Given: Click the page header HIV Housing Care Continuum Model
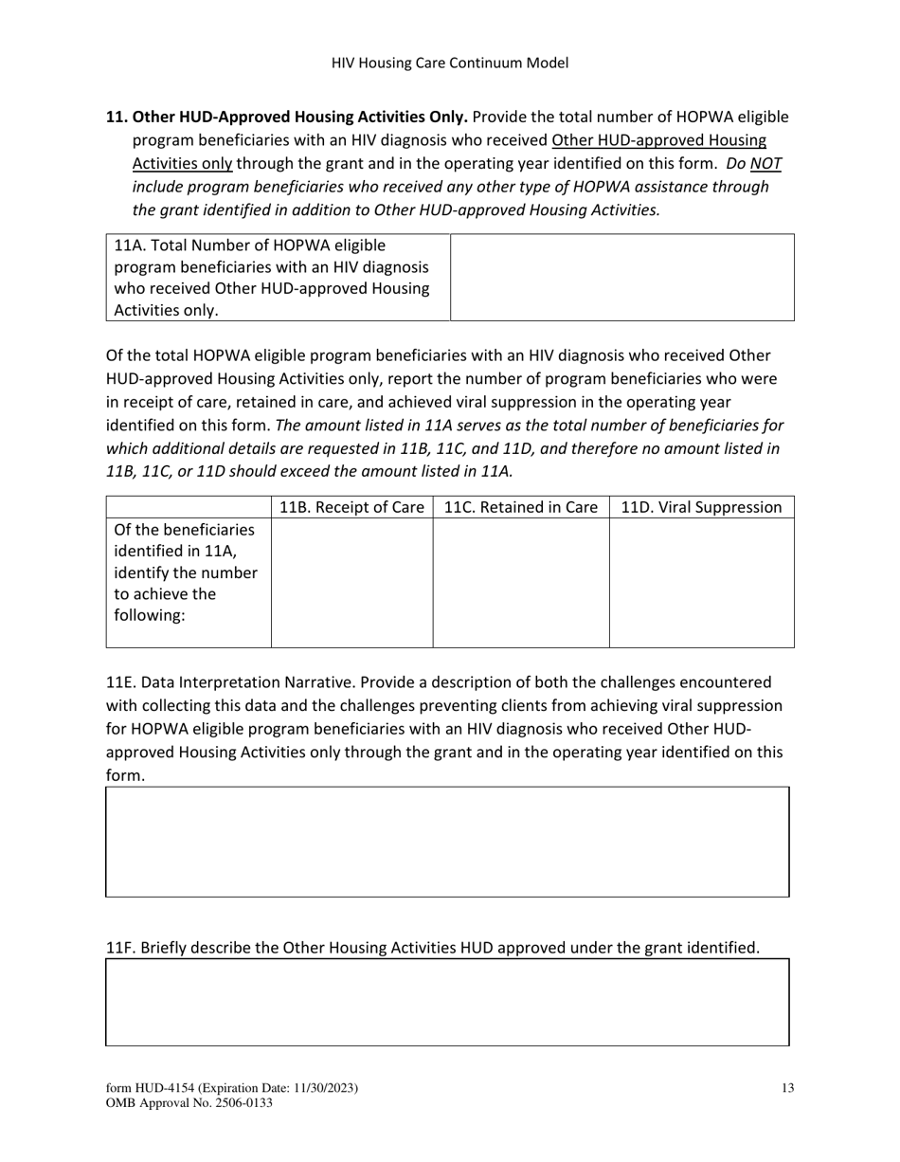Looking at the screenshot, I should point(450,64).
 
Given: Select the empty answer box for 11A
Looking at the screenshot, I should point(621,278).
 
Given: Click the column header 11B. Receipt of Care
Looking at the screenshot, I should point(351,507).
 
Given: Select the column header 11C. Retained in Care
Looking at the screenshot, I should point(520,507).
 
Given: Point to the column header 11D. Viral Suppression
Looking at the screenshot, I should point(701,507).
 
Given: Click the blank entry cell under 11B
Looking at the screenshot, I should point(351,582).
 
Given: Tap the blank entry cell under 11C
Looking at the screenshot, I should point(520,582).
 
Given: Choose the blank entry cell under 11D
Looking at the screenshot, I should point(701,582).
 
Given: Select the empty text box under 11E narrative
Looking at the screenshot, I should point(447,842).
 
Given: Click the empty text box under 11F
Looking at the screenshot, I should point(447,1002).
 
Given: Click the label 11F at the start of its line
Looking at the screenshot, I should point(120,948).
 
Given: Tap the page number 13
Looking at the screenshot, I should point(787,1089).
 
